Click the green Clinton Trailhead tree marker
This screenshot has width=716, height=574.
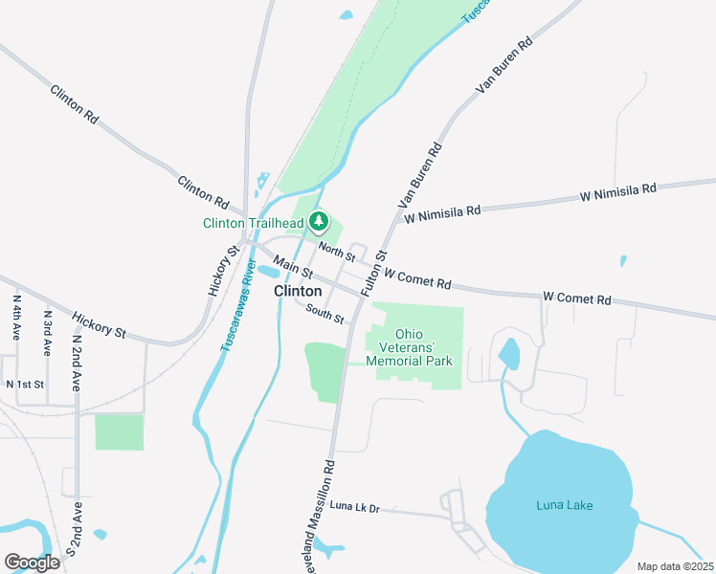point(320,223)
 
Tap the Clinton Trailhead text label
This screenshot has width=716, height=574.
point(253,224)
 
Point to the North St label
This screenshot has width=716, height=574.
point(337,251)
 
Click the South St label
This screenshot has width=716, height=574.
point(325,312)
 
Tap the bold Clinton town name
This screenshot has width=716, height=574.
point(298,291)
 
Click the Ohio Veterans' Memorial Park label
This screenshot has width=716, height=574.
point(414,347)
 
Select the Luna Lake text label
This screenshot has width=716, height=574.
point(565,504)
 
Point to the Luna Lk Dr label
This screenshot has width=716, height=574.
point(354,507)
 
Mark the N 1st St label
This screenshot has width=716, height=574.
point(26,384)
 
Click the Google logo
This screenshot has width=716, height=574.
point(32,562)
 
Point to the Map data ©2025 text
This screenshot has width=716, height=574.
point(675,566)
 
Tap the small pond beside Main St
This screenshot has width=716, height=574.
point(267,272)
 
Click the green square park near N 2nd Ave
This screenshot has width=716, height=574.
point(119,432)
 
